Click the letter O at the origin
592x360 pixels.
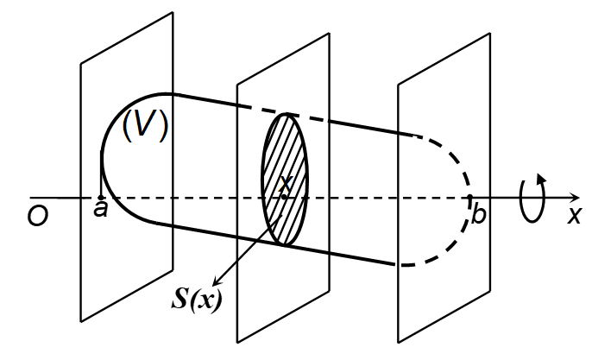36,216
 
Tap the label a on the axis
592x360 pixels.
101,211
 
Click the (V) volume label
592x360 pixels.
144,126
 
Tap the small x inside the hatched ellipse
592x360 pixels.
286,183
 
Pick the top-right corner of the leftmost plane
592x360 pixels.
172,12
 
